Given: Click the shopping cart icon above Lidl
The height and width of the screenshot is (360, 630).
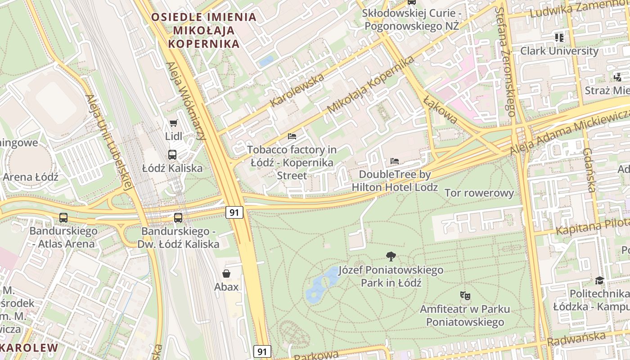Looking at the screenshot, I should point(173,123).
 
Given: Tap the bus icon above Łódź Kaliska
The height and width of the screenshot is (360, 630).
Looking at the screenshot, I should point(172,155).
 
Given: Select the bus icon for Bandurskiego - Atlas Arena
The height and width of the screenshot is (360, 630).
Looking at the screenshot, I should point(63,218).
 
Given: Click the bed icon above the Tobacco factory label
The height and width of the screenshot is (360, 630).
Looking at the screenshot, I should point(292,136).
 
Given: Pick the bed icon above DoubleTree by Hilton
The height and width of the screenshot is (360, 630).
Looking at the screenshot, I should point(395,161).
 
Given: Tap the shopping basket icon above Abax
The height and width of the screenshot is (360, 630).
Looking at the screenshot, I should point(226,273).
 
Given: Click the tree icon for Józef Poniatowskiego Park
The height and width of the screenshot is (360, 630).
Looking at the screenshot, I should point(391,256).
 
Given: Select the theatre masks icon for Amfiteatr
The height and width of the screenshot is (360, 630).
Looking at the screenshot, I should point(465,296).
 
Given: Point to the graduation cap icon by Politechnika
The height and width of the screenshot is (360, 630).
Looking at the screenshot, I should point(599,280).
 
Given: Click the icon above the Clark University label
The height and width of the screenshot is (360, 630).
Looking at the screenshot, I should point(559,37).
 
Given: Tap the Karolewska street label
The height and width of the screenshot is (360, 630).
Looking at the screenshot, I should point(297,90).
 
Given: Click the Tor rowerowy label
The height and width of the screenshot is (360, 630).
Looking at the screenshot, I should point(479,193).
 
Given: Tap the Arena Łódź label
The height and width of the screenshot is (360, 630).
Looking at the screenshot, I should point(31,177).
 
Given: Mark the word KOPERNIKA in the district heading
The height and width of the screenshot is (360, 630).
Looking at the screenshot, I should point(203,44).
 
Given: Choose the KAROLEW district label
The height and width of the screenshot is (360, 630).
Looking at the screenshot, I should point(30,348).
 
